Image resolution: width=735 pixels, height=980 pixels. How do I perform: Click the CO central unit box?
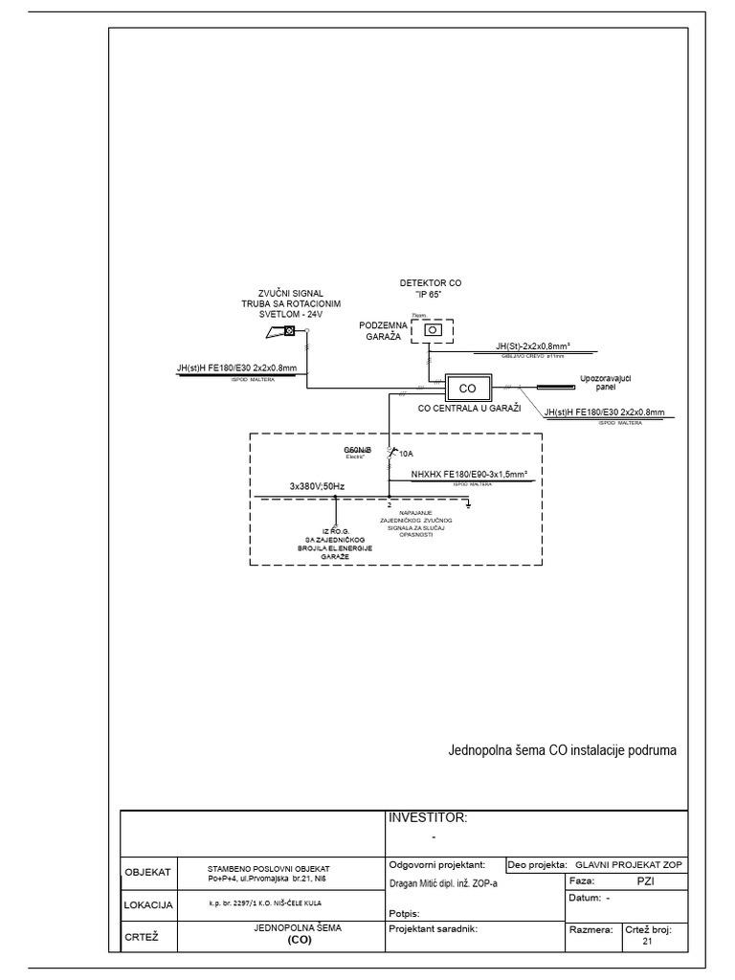[467, 389]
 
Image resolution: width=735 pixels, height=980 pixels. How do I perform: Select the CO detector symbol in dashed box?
[434, 329]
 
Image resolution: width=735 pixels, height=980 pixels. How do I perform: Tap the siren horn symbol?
[283, 332]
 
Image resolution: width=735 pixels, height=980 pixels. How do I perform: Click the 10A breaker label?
[407, 454]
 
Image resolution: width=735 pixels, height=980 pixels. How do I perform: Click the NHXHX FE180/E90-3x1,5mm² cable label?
[470, 473]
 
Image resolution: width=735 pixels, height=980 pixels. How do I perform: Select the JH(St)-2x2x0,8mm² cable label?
[533, 345]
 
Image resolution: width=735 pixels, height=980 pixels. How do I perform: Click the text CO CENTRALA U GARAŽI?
[469, 409]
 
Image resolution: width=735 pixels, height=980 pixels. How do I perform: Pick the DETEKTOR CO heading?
[430, 283]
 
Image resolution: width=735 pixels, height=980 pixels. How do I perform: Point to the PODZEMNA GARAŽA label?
[384, 331]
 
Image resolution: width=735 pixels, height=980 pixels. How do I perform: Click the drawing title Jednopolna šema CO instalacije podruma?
[562, 750]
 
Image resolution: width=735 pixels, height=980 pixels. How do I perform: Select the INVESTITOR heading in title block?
[427, 817]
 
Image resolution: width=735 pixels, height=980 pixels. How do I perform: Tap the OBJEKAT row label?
[147, 873]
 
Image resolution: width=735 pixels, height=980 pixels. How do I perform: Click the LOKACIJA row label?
[147, 903]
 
